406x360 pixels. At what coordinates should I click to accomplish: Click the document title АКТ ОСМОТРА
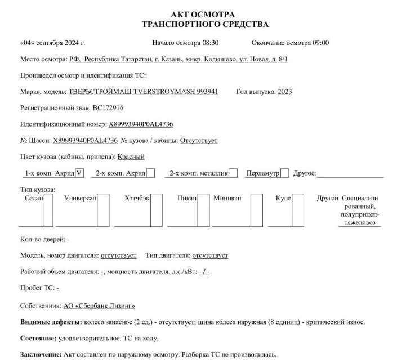coord(207,14)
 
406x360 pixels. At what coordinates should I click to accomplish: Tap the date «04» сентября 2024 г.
coord(52,43)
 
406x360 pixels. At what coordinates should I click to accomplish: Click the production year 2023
coord(284,92)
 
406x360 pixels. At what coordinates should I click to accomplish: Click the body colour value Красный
coord(131,156)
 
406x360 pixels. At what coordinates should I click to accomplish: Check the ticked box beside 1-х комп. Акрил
coord(79,173)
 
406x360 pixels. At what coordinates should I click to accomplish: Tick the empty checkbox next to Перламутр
coord(285,173)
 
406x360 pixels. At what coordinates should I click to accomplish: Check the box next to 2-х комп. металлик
coord(233,173)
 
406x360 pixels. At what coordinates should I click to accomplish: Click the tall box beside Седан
coord(48,210)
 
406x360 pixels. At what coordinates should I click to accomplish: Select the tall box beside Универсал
coord(103,210)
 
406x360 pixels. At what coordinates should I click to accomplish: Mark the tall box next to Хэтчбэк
coord(157,210)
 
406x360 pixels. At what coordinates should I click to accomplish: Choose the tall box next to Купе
coord(296,210)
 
